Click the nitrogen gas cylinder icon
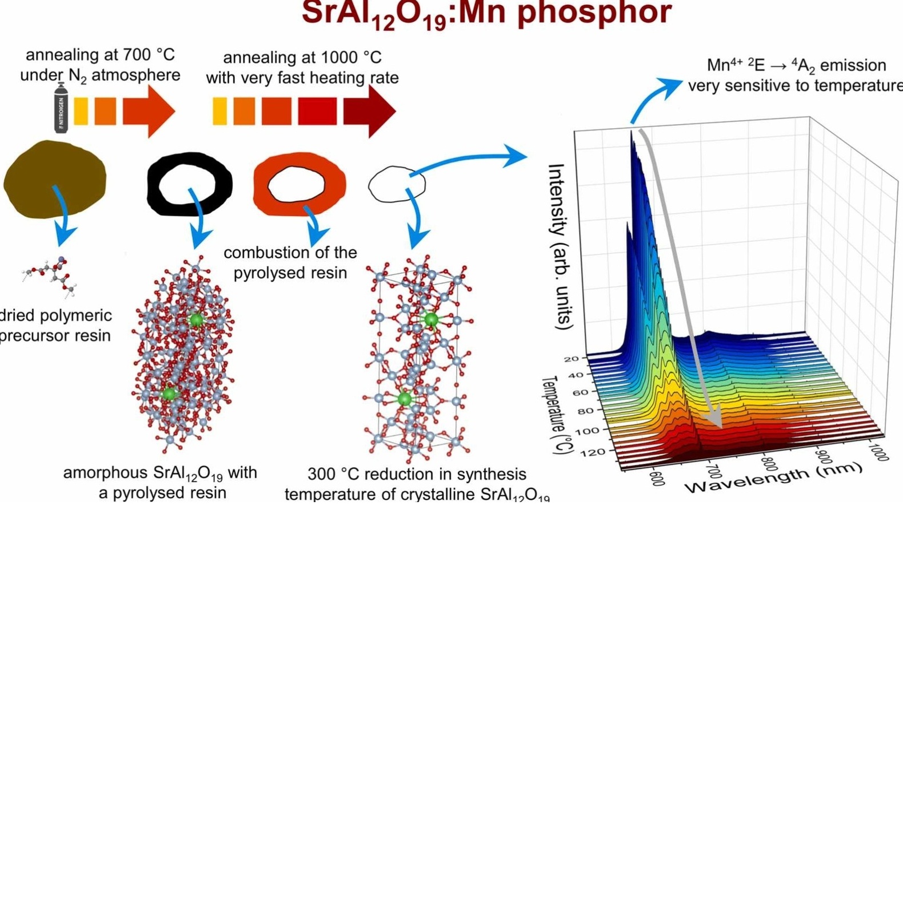[61, 108]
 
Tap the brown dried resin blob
[54, 178]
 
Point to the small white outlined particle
[396, 184]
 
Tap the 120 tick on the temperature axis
[593, 452]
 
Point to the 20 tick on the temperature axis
[572, 359]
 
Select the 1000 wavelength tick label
[879, 452]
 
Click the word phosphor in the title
[594, 13]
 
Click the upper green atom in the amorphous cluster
[196, 320]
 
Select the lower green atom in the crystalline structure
[405, 399]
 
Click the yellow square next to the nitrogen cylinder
[81, 111]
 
